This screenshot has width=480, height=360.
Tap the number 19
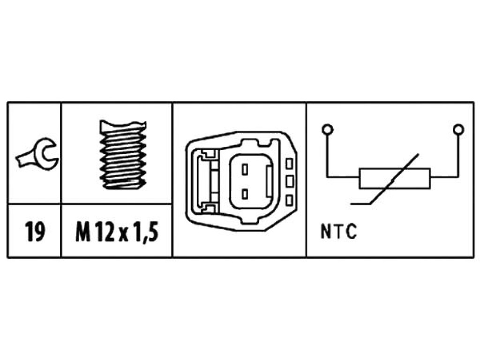pos(34,232)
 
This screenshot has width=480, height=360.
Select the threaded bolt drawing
pos(123,155)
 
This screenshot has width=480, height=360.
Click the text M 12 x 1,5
pos(117,232)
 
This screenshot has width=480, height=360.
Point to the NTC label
pos(338,231)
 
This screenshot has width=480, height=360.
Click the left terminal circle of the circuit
pos(327,129)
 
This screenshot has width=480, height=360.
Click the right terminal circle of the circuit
pos(458,129)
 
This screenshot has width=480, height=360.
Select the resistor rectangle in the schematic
pos(395,178)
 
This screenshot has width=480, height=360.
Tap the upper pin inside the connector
pos(245,169)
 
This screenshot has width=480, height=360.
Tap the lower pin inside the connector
pos(245,194)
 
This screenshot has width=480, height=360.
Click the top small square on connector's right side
pos(289,164)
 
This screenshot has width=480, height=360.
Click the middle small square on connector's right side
pos(289,181)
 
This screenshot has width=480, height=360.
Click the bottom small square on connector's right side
pos(289,200)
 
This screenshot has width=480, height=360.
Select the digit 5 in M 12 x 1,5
pos(154,232)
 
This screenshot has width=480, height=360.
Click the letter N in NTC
pos(325,231)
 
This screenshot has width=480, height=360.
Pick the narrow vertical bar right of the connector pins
pos(270,182)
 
